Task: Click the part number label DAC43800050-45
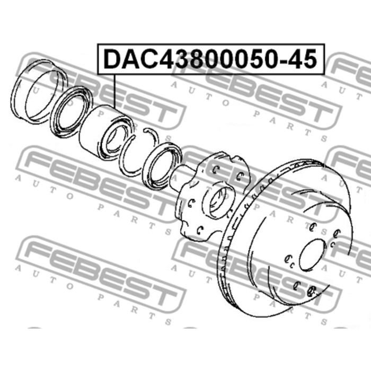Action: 210,59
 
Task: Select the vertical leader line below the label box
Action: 115,91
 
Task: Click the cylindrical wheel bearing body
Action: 107,133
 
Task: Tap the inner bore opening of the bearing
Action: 117,142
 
